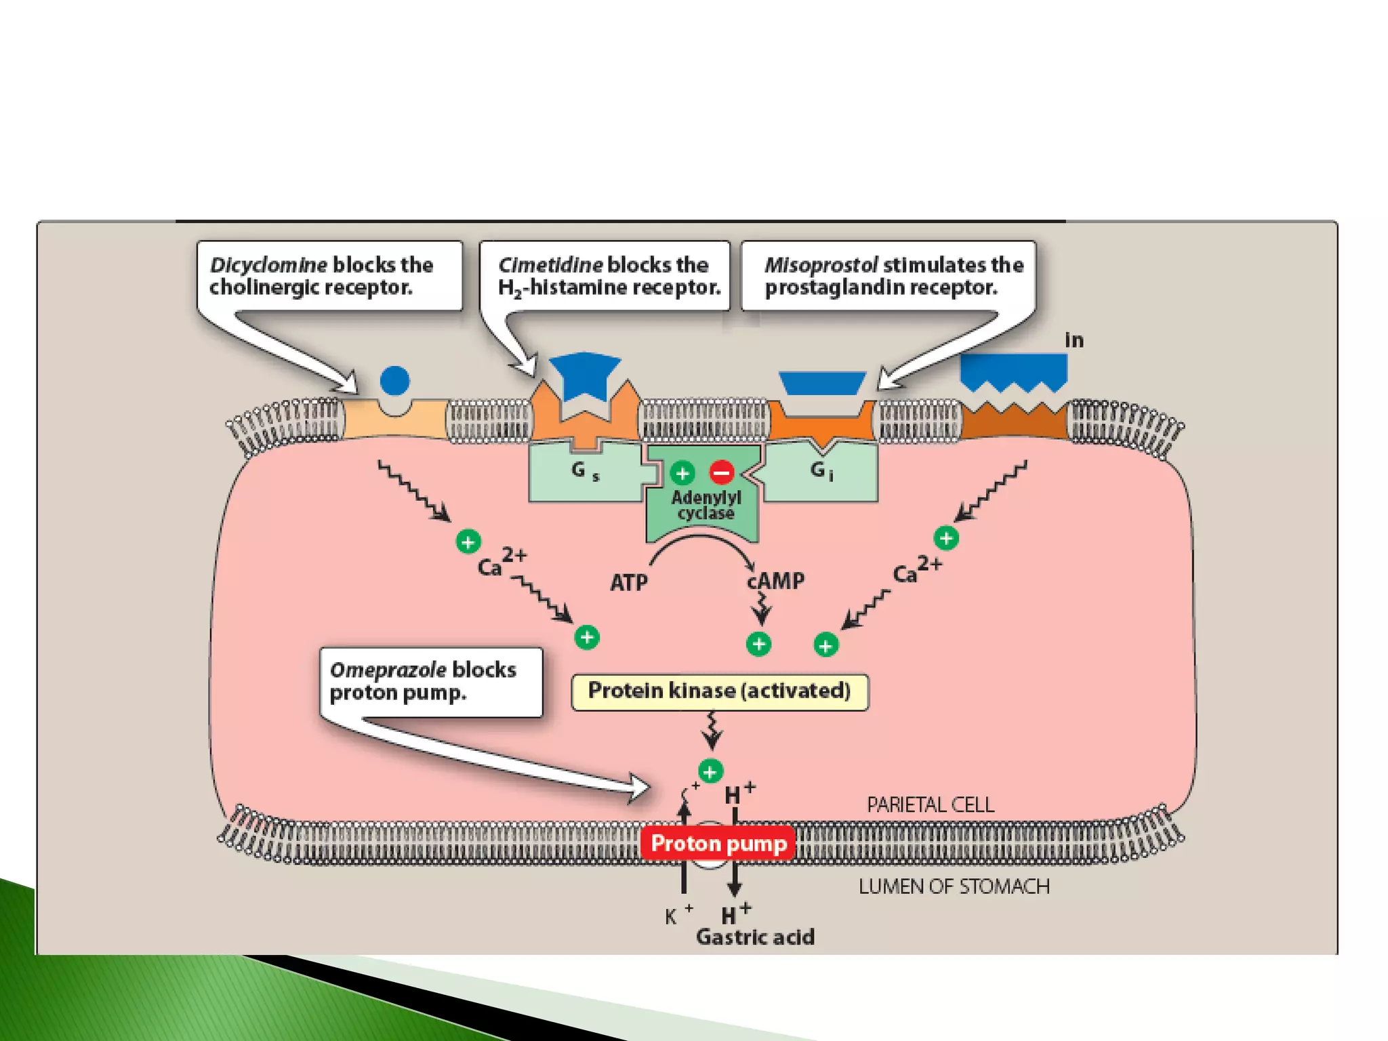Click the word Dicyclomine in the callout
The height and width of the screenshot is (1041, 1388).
[x=268, y=264]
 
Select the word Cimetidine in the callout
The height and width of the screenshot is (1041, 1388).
[x=550, y=264]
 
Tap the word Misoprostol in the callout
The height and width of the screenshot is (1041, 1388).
[x=821, y=264]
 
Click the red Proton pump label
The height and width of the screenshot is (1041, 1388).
[x=718, y=843]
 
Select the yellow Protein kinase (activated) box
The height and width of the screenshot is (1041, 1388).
[x=719, y=691]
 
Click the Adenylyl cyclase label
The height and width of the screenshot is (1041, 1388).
[x=706, y=506]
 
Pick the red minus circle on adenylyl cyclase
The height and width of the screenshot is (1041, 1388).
[x=722, y=472]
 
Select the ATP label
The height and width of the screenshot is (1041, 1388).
[x=628, y=582]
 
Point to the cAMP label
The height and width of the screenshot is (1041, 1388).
[x=776, y=581]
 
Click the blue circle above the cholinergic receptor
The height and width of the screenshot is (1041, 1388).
[x=395, y=380]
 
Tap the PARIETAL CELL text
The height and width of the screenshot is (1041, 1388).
[x=930, y=804]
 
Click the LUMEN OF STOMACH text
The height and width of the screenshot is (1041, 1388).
[x=954, y=886]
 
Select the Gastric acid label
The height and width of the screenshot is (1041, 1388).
[x=755, y=937]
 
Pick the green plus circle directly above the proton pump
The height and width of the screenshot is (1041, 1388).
[x=710, y=771]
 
